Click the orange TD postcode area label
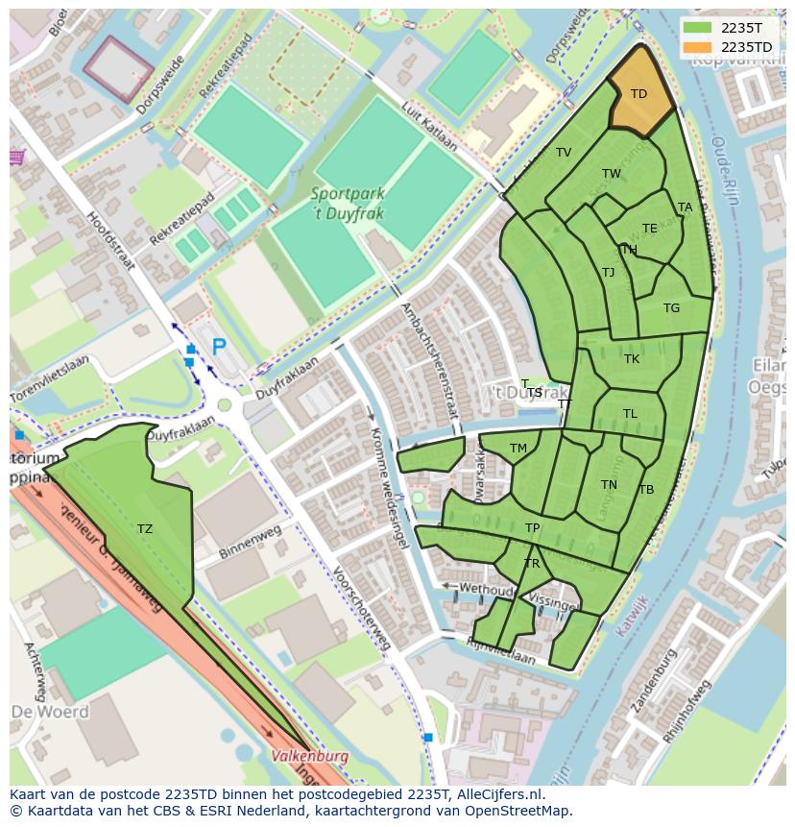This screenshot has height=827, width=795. pyautogui.click(x=638, y=93)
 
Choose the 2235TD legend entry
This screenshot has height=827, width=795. pyautogui.click(x=745, y=47)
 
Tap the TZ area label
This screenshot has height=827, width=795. pyautogui.click(x=144, y=528)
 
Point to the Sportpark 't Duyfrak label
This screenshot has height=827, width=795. pyautogui.click(x=347, y=203)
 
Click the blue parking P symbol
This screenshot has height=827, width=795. pyautogui.click(x=219, y=347)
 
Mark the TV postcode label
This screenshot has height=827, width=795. pyautogui.click(x=564, y=153)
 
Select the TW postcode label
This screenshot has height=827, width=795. pyautogui.click(x=611, y=174)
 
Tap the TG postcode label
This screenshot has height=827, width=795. pyautogui.click(x=671, y=308)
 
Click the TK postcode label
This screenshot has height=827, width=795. pyautogui.click(x=631, y=359)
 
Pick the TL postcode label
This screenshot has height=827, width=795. pyautogui.click(x=630, y=414)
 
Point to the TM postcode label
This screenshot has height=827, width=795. pyautogui.click(x=518, y=449)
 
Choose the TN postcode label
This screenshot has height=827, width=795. pyautogui.click(x=609, y=485)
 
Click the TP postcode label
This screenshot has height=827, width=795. pyautogui.click(x=532, y=528)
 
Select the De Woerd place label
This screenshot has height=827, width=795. pyautogui.click(x=50, y=712)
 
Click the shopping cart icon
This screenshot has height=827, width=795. pyautogui.click(x=16, y=157)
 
